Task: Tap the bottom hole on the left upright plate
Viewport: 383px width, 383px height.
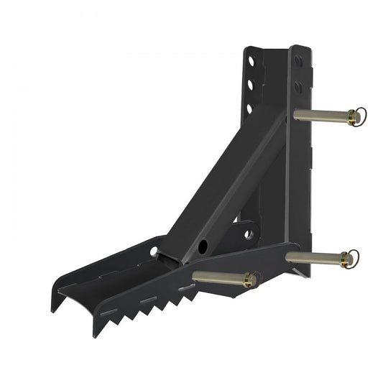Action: pyautogui.click(x=249, y=108)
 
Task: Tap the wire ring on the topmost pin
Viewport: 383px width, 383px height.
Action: pyautogui.click(x=361, y=115)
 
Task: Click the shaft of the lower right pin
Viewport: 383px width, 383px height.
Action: pyautogui.click(x=313, y=256)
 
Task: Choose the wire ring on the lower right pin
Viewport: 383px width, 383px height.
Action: pyautogui.click(x=351, y=257)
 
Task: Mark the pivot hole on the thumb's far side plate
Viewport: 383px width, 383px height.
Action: pyautogui.click(x=154, y=251)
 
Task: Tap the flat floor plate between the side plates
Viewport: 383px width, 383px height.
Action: pyautogui.click(x=115, y=284)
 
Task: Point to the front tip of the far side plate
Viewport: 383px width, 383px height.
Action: pyautogui.click(x=55, y=305)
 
